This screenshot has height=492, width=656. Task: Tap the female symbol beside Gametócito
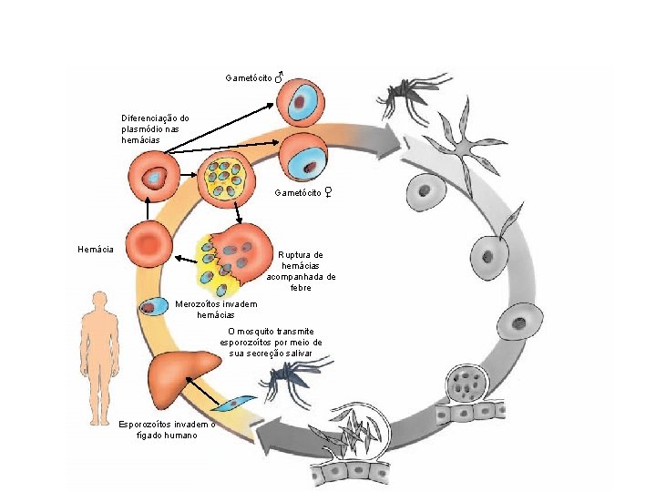point(327,192)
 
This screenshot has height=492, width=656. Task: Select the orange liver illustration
point(183,374)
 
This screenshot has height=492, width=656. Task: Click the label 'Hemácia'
point(96,249)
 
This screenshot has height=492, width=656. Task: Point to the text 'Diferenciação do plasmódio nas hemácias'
point(155,129)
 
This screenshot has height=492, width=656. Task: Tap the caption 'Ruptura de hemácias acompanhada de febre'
point(301,271)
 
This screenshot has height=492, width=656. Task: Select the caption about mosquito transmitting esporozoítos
point(271,342)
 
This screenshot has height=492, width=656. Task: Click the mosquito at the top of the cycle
point(407,94)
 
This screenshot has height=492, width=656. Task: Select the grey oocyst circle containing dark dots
point(469,384)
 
